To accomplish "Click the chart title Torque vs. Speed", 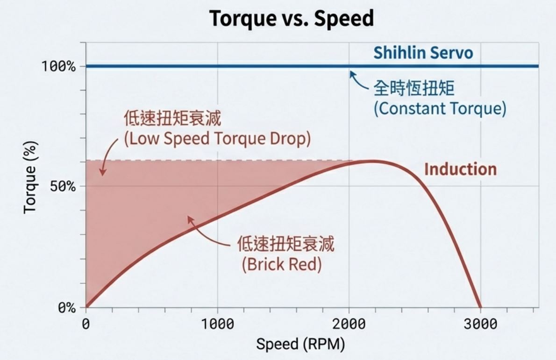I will [292, 19].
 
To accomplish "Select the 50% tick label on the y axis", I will [62, 186].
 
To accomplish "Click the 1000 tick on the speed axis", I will [217, 325].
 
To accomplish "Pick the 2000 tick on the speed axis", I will [349, 325].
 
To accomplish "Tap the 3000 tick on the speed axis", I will [481, 325].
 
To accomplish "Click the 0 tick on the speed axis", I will [86, 325].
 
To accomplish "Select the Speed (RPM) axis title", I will [300, 345].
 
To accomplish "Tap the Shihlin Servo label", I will [423, 53].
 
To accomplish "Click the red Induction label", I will [460, 169].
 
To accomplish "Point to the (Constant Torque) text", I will [440, 109].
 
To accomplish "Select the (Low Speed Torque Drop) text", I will [217, 139].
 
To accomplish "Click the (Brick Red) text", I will [282, 265].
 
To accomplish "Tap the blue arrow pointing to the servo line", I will [359, 80].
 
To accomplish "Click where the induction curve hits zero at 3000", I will [480, 307].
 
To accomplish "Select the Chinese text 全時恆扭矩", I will [413, 88].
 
